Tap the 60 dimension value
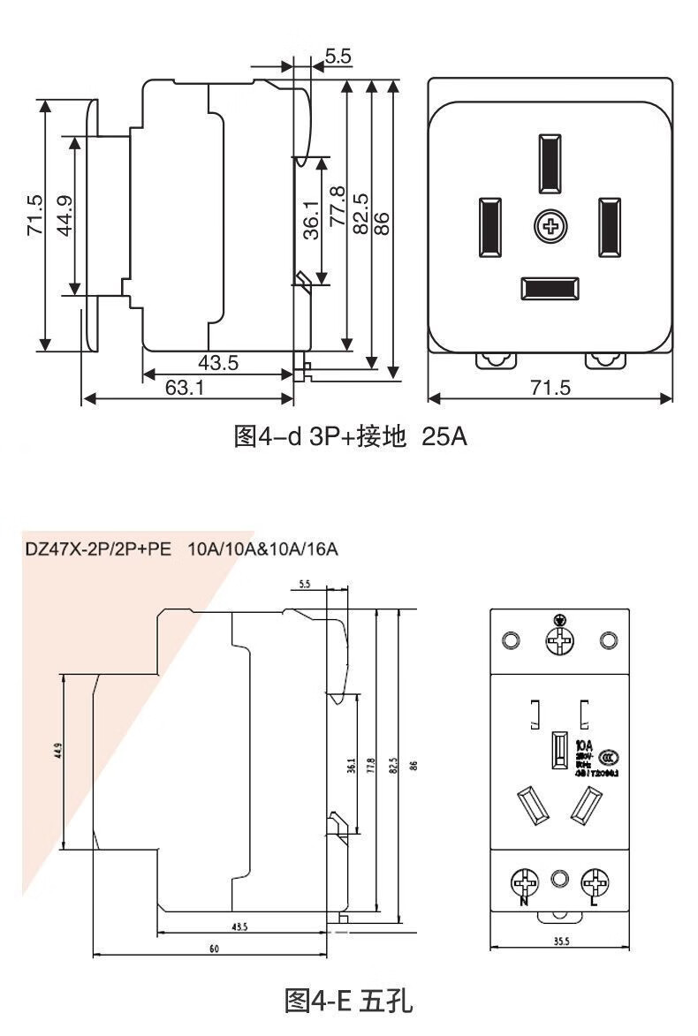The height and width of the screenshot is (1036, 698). point(214,949)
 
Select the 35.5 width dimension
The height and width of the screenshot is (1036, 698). point(561,941)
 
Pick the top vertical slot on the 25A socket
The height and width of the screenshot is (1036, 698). point(549,163)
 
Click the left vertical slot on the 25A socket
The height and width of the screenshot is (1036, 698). point(489,227)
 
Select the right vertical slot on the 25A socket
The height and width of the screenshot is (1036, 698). point(610,227)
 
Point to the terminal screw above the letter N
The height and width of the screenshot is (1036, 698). point(525,881)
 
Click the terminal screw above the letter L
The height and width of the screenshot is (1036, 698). point(593,881)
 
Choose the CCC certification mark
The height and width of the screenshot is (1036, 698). point(609,757)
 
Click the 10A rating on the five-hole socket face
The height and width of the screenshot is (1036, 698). point(584,745)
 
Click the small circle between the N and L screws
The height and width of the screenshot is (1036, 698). point(558,880)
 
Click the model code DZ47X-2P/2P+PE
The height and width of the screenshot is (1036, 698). point(98,549)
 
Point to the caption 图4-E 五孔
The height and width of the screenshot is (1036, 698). point(349,1002)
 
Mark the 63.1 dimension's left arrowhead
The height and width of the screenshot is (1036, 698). point(87,399)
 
